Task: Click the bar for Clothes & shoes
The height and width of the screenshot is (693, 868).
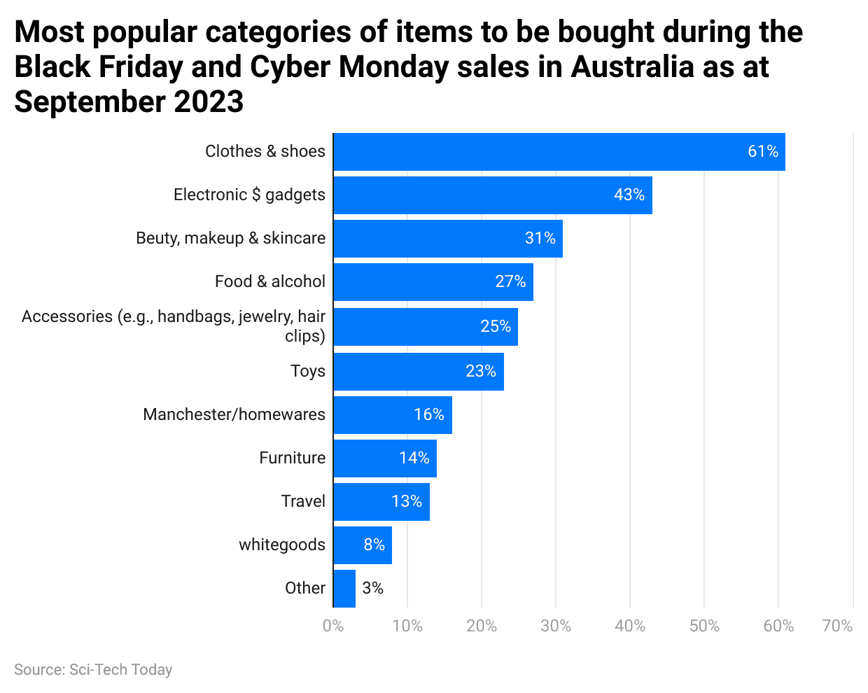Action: [559, 152]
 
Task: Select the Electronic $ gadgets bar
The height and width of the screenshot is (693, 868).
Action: [492, 195]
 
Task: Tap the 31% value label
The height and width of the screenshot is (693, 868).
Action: [540, 239]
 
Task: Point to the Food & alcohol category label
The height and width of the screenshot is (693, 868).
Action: [269, 281]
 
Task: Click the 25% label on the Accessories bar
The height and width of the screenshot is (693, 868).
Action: [495, 326]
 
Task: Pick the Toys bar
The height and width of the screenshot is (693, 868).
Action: [418, 372]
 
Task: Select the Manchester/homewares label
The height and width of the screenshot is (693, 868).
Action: [234, 414]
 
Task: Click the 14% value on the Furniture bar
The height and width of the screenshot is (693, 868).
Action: [414, 458]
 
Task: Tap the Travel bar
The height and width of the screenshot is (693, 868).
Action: [381, 502]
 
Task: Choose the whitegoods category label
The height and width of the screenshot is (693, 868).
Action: [281, 545]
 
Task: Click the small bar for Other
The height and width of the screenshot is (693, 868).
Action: [344, 589]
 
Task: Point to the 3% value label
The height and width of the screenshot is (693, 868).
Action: [372, 588]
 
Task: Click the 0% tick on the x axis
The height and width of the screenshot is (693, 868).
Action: [333, 626]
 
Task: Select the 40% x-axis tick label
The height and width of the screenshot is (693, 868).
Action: [630, 626]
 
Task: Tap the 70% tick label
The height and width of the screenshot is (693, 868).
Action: [837, 626]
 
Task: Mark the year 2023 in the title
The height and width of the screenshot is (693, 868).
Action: [209, 102]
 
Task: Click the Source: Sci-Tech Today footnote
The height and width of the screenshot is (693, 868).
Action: [93, 670]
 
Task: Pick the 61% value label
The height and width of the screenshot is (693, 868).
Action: [762, 152]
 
